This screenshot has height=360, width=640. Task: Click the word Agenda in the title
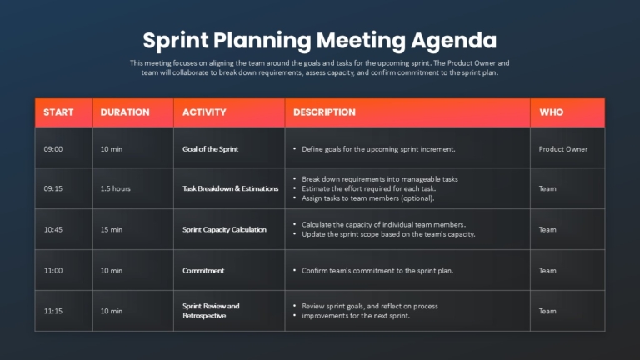click(x=453, y=41)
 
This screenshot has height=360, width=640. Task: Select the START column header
click(x=58, y=112)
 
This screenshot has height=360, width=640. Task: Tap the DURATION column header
click(x=125, y=112)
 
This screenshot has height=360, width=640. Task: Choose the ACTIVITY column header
click(x=204, y=112)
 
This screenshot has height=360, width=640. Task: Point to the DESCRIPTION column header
click(x=324, y=112)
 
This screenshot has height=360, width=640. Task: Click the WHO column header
click(x=552, y=112)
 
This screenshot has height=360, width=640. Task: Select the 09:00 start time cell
click(x=53, y=149)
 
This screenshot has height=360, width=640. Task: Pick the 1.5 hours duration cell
click(x=116, y=188)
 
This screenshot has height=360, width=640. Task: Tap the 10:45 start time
click(x=53, y=229)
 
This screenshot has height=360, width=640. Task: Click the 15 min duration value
click(x=112, y=229)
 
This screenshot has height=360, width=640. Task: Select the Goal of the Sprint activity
click(x=210, y=149)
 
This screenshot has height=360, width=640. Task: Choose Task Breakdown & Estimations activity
click(x=231, y=188)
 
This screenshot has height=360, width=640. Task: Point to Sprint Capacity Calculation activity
click(x=224, y=229)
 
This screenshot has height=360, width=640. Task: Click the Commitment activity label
click(x=203, y=271)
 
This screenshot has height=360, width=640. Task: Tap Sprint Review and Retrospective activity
click(x=211, y=311)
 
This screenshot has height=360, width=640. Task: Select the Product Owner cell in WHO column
click(x=563, y=149)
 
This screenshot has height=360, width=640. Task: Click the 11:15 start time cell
click(x=53, y=311)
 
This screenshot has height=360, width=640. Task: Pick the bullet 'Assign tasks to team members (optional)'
click(x=367, y=198)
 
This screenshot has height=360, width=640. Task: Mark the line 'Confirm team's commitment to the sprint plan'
click(x=377, y=271)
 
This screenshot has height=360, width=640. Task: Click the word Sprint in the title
click(x=176, y=41)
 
